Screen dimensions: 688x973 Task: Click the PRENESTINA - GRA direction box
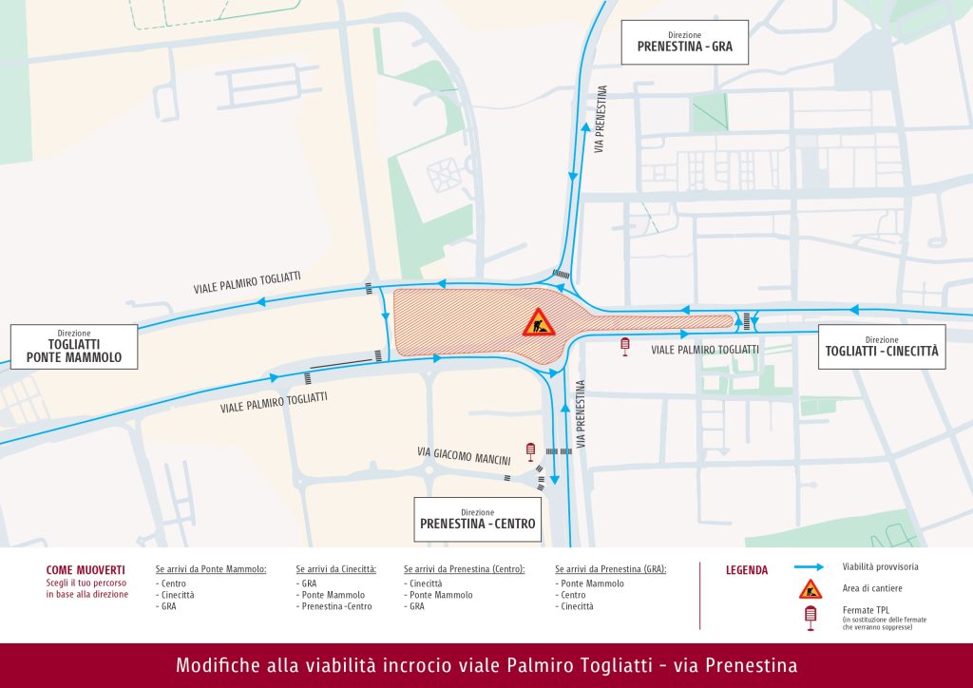[x=684, y=42]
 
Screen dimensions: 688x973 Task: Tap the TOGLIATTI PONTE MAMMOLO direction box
[x=73, y=347]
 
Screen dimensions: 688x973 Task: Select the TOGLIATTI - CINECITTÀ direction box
[x=881, y=347]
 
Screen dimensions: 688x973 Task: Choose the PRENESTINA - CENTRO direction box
[x=477, y=519]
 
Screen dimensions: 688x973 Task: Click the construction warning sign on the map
[x=538, y=323]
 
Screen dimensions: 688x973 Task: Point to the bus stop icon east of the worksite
[x=625, y=346]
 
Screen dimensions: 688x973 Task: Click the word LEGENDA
[x=747, y=570]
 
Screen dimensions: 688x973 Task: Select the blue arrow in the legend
[x=809, y=567]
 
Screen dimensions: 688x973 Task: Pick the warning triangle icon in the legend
[x=810, y=588]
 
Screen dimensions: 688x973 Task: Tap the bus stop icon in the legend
[x=810, y=618]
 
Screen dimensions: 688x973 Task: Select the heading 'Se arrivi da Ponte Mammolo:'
[x=211, y=569]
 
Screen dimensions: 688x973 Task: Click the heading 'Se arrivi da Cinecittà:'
[x=336, y=569]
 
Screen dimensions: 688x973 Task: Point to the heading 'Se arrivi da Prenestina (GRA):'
[x=611, y=569]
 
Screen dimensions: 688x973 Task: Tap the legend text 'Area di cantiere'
[x=871, y=588]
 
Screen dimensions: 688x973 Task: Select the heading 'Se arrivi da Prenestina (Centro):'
[x=464, y=569]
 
